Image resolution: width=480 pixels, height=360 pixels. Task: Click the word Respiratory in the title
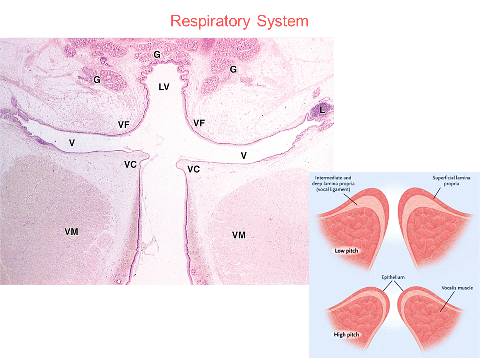click(210, 21)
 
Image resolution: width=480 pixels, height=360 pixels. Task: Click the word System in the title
click(282, 21)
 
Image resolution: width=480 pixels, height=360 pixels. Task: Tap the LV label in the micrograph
click(164, 87)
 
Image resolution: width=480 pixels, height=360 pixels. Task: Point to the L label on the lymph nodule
click(322, 110)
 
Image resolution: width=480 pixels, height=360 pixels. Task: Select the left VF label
click(124, 125)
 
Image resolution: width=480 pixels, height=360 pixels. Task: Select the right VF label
click(199, 123)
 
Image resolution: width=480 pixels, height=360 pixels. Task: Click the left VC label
click(130, 165)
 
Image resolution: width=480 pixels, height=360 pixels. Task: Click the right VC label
click(194, 169)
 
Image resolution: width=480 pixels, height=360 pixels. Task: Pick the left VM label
click(71, 232)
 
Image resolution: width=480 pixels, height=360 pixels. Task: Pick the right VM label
click(239, 235)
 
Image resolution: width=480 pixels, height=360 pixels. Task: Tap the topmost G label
click(157, 55)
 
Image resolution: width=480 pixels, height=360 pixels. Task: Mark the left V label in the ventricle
click(72, 143)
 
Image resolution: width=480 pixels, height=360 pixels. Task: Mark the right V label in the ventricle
click(243, 156)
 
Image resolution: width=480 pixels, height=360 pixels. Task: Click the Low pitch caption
click(346, 251)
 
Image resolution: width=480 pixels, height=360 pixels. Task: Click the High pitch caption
click(346, 335)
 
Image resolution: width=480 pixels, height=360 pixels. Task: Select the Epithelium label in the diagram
click(393, 277)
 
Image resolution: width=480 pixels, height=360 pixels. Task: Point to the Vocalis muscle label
click(457, 288)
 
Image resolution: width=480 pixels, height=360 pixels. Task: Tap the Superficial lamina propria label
click(451, 181)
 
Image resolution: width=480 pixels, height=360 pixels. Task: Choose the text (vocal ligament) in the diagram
click(333, 190)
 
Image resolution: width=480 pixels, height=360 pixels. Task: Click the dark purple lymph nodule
click(320, 111)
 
